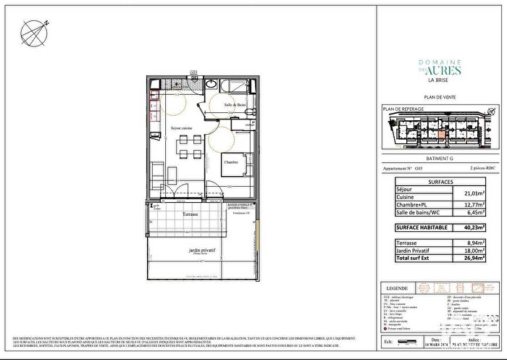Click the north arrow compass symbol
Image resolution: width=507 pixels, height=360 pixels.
33,31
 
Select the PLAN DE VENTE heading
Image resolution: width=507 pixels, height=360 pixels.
440,96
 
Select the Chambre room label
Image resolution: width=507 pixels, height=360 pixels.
231,162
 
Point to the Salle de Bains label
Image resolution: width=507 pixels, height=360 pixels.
234,106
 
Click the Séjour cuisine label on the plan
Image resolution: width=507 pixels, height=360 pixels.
181,128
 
